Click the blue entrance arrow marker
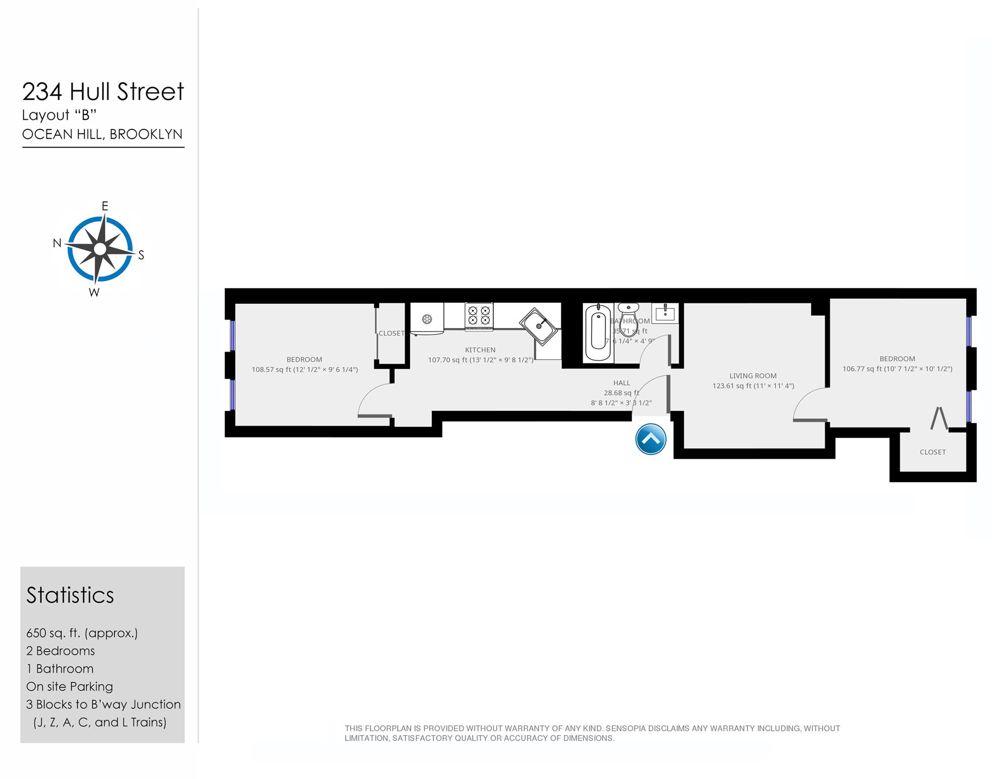(651, 439)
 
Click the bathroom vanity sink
(665, 313)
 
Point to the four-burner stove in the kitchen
(479, 316)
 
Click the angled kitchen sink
(539, 326)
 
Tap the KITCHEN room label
(480, 350)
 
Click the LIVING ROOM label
(752, 376)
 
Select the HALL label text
(621, 383)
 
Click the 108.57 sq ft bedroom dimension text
(304, 369)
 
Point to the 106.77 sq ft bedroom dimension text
(897, 369)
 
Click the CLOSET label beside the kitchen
(392, 333)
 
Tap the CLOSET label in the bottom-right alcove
(932, 452)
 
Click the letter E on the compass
(105, 206)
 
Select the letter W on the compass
(94, 293)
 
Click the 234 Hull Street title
(103, 92)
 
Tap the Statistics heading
(70, 595)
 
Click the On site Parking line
(70, 686)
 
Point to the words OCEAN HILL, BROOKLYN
(102, 134)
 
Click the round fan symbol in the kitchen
(427, 318)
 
